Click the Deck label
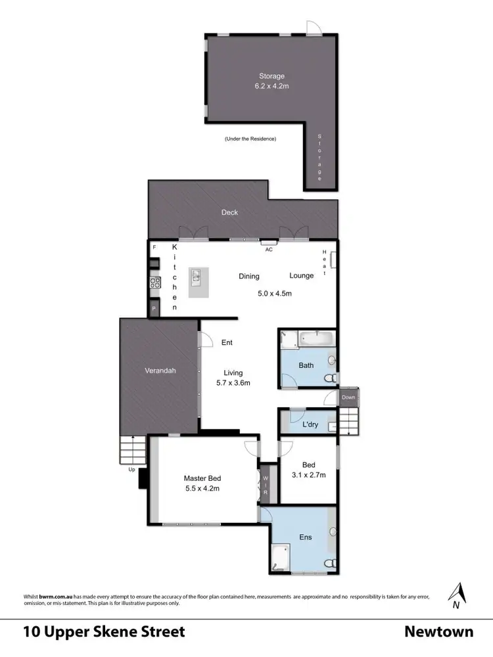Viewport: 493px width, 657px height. pyautogui.click(x=229, y=212)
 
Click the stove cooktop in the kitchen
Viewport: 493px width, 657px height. pyautogui.click(x=155, y=283)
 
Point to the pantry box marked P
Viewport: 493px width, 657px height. pyautogui.click(x=154, y=308)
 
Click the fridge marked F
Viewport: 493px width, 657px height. pyautogui.click(x=154, y=248)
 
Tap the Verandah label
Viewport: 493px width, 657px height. pyautogui.click(x=160, y=371)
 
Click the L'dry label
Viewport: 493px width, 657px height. pyautogui.click(x=310, y=424)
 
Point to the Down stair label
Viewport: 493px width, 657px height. pyautogui.click(x=348, y=397)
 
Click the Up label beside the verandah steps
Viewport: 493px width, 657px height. pyautogui.click(x=131, y=469)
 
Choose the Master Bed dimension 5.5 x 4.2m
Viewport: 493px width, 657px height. pyautogui.click(x=201, y=488)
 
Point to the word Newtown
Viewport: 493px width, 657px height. pyautogui.click(x=438, y=632)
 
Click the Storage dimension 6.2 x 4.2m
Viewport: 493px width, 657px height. pyautogui.click(x=271, y=86)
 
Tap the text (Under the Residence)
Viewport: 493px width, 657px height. pyautogui.click(x=250, y=139)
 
